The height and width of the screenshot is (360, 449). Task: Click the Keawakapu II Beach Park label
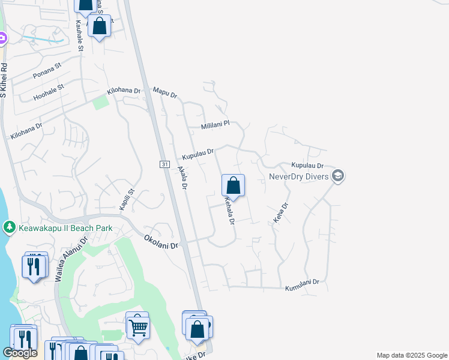point(65,228)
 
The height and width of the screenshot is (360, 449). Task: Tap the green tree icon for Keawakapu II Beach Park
point(9,227)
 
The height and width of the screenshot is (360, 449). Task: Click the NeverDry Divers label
point(298,176)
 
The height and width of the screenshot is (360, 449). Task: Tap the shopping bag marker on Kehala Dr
point(234,185)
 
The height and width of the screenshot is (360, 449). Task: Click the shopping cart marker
point(137,327)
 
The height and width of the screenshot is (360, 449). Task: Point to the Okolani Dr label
point(161,242)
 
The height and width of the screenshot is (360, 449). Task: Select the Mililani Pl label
point(215,124)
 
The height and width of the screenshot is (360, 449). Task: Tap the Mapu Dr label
point(165,92)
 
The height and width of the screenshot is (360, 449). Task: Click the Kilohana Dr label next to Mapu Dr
point(123,91)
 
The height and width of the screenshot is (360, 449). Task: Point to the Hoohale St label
point(48,91)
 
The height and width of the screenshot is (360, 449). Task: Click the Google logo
point(20,353)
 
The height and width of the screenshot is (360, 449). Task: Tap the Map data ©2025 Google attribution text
point(412,355)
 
